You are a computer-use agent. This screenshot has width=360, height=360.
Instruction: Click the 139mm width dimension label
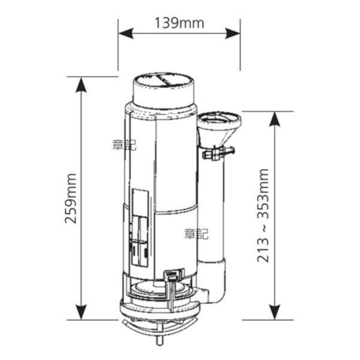[x=179, y=23]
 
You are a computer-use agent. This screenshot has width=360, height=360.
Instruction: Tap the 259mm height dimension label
[x=70, y=199]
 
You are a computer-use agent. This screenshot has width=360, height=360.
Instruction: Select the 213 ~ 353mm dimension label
[x=263, y=215]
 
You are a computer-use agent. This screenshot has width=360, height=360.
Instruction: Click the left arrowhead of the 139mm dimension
[x=126, y=34]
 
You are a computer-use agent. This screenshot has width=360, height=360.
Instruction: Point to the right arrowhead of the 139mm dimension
[x=233, y=34]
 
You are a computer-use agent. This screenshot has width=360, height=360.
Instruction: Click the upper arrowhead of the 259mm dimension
[x=81, y=85]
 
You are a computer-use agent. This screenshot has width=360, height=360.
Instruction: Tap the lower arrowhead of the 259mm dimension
[x=81, y=312]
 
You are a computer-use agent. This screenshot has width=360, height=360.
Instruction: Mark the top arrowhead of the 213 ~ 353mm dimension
[x=275, y=119]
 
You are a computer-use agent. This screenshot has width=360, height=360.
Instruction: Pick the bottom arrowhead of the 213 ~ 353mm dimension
[x=275, y=312]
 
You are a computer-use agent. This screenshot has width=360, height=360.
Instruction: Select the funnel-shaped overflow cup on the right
[x=219, y=129]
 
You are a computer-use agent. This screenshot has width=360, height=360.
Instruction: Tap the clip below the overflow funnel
[x=218, y=152]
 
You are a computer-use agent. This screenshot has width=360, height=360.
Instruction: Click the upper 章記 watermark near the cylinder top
[x=124, y=145]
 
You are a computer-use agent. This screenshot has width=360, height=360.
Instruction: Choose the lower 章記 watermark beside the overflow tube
[x=196, y=234]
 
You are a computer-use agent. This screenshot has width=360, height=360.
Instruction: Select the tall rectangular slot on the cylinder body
[x=140, y=227]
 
